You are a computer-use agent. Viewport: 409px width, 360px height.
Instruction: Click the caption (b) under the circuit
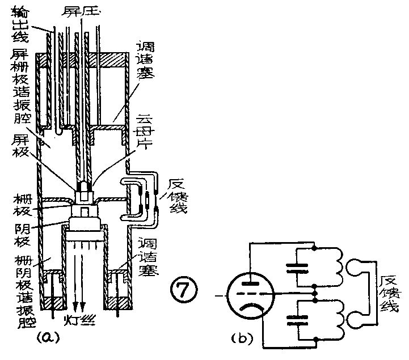pos(244,339)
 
